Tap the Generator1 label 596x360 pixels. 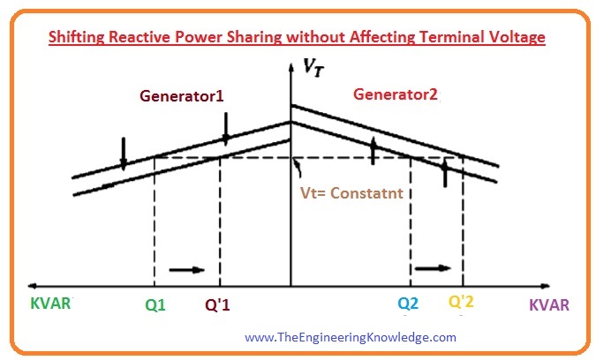coord(182,95)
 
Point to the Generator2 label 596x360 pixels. coord(396,94)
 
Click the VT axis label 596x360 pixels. coord(313,68)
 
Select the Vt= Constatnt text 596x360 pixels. coord(351,193)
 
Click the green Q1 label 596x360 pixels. coord(155,305)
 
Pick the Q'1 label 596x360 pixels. coord(217,304)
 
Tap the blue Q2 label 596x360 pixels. coord(408,304)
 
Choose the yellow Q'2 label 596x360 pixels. coord(461,302)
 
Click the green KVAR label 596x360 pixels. coord(50,304)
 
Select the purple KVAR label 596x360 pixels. coord(549,305)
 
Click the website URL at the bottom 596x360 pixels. coord(351,337)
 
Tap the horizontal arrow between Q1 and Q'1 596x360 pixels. coord(187,270)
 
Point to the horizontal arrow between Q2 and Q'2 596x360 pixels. coord(433,268)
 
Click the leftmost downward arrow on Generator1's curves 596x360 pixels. coord(123,154)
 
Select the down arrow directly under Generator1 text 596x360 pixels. coord(226,129)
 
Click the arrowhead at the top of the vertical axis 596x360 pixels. coord(290,68)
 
